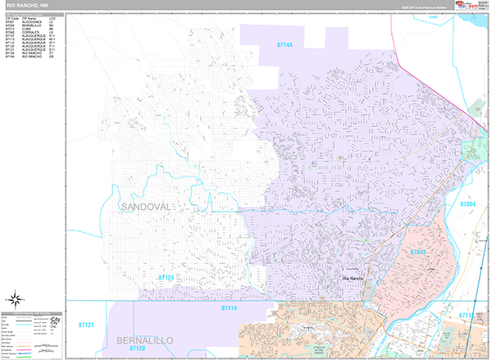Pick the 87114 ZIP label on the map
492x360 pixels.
(x=229, y=308)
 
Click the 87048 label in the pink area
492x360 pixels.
(x=418, y=252)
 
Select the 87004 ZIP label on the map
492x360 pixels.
(x=467, y=203)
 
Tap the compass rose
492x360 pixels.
(x=15, y=298)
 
